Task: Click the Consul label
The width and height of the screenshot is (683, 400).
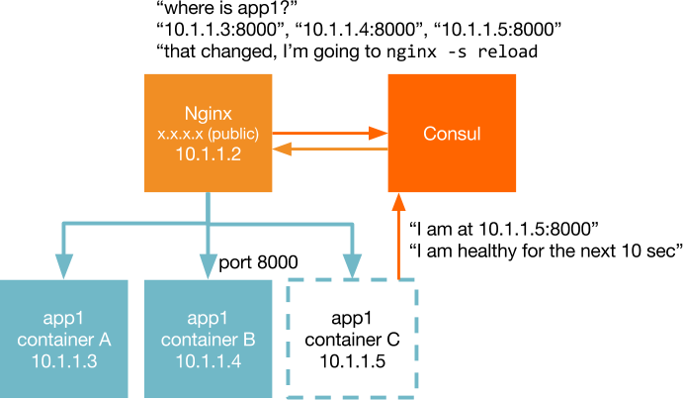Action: coord(452,134)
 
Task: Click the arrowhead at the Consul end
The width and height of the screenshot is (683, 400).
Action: coord(377,133)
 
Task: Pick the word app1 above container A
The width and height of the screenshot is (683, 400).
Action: coord(64,318)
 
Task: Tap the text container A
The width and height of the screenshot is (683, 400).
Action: coord(64,340)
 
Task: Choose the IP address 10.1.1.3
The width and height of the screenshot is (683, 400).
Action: coord(64,361)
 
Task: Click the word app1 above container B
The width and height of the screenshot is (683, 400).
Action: coord(208,318)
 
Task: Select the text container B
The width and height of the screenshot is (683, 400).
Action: coord(208,340)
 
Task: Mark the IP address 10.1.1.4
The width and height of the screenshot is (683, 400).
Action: coord(208,361)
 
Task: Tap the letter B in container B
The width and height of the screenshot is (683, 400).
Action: coord(249,340)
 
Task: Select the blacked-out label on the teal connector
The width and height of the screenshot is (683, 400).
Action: coord(282,264)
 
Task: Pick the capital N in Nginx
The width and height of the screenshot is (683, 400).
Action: coord(191,112)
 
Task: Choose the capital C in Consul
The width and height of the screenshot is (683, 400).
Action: coord(429,134)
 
